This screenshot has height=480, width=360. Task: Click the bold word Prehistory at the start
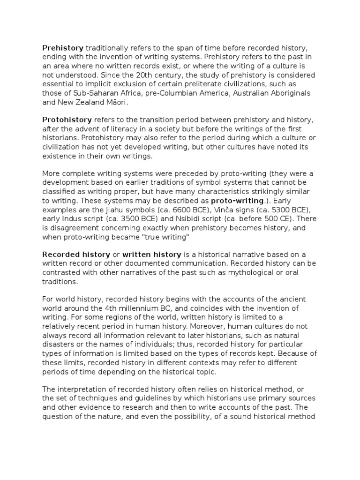pyautogui.click(x=63, y=48)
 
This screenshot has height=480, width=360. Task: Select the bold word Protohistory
pyautogui.click(x=67, y=120)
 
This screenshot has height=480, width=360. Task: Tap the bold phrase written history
pyautogui.click(x=151, y=255)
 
